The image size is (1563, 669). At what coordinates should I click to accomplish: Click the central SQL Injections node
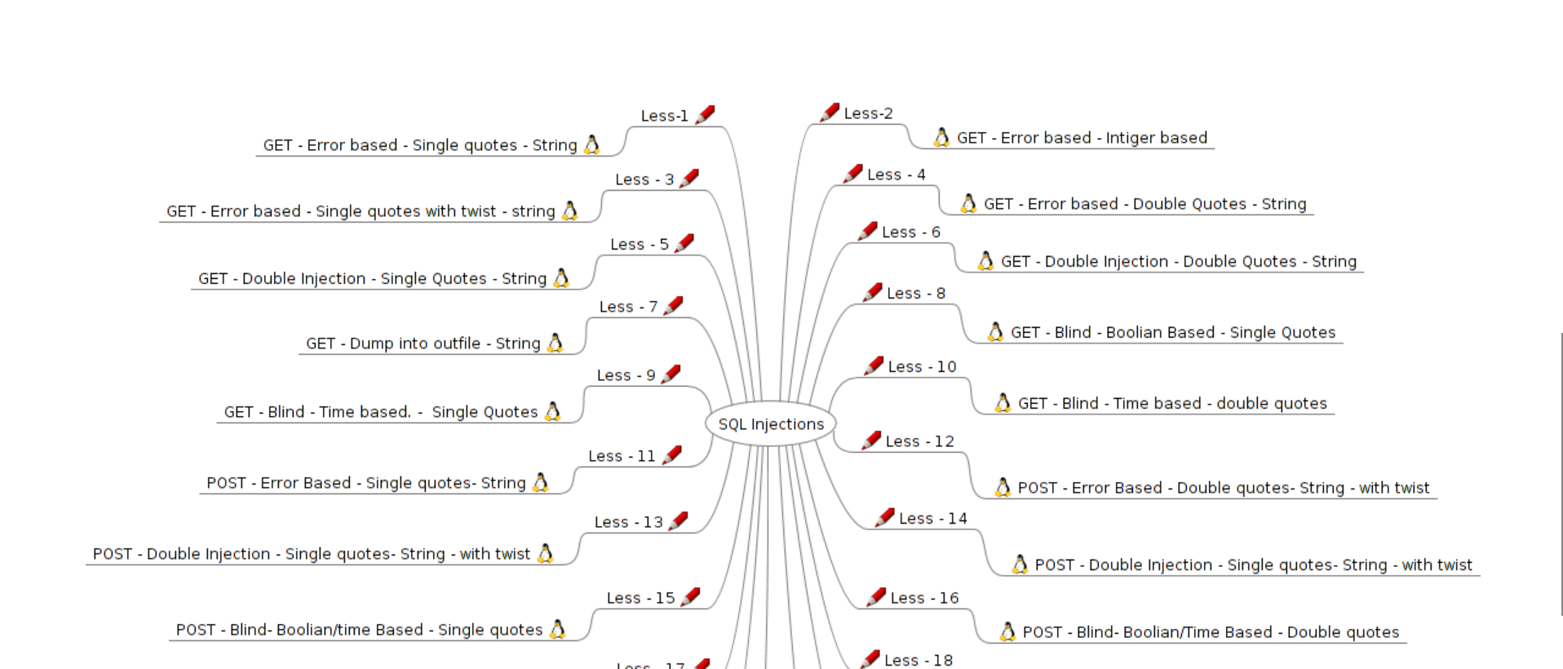pos(771,424)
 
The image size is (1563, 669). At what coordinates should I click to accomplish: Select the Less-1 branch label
pos(664,116)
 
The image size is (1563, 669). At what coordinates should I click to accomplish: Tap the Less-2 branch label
pos(868,113)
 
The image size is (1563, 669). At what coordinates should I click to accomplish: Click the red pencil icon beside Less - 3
pos(689,178)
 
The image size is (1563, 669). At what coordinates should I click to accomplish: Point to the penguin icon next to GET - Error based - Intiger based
pos(941,137)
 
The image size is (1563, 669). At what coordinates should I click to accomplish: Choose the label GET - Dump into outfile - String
pos(423,343)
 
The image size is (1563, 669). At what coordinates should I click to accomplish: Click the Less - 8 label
pos(915,293)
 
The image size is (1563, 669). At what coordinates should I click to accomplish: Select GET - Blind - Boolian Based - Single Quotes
pos(1172,332)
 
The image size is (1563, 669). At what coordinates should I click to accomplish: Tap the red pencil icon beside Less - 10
pos(874,366)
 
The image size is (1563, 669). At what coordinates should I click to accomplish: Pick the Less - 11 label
pos(622,456)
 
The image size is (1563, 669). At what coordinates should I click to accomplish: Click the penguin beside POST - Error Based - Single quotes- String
pos(540,482)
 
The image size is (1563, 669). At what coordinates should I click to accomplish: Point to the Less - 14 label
pos(932,518)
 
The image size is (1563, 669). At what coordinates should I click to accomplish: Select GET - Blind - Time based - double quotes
pos(1172,403)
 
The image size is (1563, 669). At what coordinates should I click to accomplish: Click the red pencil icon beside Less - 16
pos(876,596)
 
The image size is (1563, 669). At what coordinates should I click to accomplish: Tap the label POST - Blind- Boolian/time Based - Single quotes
pos(359,630)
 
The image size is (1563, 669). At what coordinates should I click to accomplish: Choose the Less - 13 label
pos(628,522)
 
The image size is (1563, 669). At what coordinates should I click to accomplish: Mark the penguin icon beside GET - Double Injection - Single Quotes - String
pos(561,278)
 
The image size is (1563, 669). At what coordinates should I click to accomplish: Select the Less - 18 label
pos(918,660)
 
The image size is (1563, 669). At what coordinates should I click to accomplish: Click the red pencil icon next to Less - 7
pos(673,306)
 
